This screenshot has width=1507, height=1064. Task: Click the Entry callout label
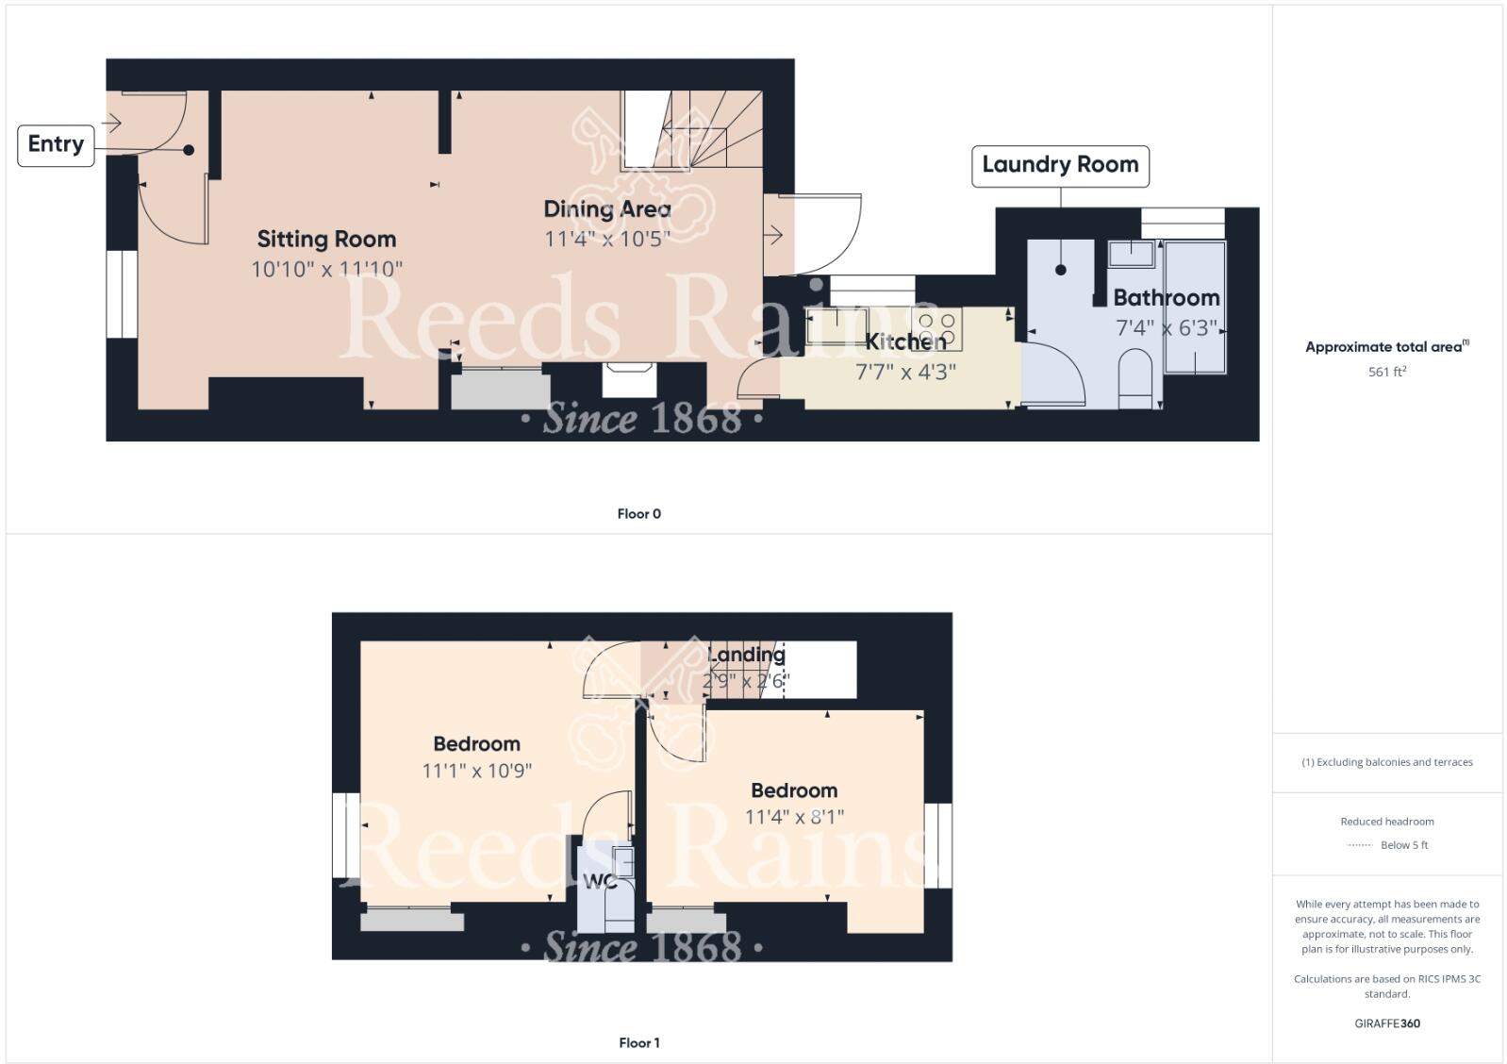point(56,144)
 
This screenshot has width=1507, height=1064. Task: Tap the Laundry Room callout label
point(1060,165)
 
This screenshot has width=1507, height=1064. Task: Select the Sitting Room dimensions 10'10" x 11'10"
point(326,269)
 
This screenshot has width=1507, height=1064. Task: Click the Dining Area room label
point(607,209)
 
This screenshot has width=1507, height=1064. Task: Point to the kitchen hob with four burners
point(937,328)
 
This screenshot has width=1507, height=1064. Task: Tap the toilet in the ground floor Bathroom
point(1134,378)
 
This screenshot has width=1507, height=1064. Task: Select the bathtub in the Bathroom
point(1195,308)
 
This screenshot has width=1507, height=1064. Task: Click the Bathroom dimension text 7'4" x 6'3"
point(1167,328)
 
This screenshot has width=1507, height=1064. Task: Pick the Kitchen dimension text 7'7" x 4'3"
point(905,372)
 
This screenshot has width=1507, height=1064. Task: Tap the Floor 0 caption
point(639,514)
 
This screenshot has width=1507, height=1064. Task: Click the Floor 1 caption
point(639,1042)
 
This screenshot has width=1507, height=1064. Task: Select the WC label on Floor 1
point(600,882)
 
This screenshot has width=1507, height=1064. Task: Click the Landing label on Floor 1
point(746,655)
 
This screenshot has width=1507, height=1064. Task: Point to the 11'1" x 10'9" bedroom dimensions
point(477,771)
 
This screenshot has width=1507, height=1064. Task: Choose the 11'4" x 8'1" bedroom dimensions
point(794,817)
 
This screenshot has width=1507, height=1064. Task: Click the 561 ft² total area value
point(1387,372)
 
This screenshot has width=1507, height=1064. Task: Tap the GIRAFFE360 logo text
point(1387,1023)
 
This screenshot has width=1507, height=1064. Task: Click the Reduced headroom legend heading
point(1387,822)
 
